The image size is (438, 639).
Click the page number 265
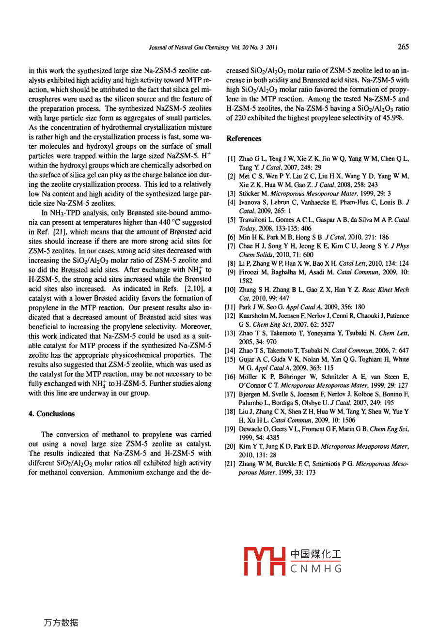[403, 47]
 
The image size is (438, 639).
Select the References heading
[244, 138]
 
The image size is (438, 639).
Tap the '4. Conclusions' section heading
[51, 414]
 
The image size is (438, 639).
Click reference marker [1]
[232, 159]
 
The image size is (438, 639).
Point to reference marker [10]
[230, 290]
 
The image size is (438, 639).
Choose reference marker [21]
[230, 464]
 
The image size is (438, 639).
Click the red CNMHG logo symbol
[264, 561]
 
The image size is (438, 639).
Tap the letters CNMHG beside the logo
[316, 569]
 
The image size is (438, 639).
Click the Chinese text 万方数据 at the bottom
[61, 623]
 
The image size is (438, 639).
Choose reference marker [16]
[230, 377]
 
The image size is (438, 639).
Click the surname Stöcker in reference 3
[249, 194]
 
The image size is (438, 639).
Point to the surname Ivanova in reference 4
[251, 202]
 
